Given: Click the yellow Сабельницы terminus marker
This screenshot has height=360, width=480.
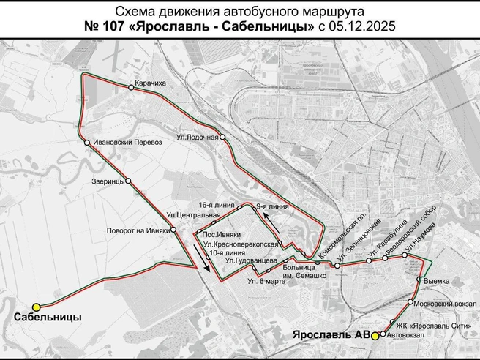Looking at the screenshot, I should click(36, 307).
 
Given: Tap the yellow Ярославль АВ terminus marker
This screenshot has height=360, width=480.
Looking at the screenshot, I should click(374, 335).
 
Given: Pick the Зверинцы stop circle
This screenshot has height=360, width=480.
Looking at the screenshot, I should click(128, 181).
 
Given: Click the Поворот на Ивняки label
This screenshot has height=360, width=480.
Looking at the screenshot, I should click(137, 230).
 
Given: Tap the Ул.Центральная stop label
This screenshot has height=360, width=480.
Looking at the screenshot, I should click(193, 215).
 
